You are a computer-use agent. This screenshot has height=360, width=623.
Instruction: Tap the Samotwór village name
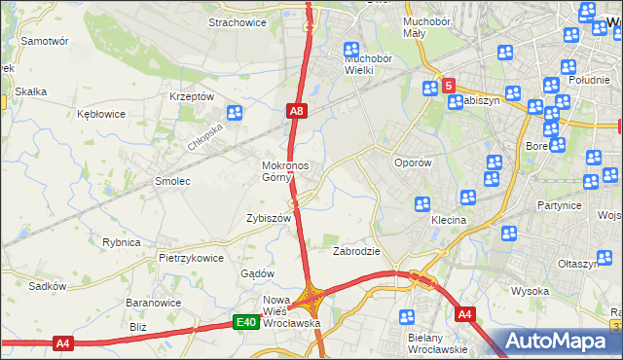tap(45, 42)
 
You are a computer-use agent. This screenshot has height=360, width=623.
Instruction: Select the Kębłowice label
tap(101, 114)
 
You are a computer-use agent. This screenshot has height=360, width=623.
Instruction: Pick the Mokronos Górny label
tap(285, 171)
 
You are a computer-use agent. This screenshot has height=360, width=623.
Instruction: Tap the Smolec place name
tap(172, 181)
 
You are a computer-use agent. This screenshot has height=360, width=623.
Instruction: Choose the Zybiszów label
tap(270, 219)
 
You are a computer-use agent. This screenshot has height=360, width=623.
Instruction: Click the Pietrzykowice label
tap(192, 259)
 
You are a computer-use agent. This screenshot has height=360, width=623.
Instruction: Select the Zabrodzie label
tap(356, 251)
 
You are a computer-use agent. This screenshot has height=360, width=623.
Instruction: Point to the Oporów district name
tap(412, 162)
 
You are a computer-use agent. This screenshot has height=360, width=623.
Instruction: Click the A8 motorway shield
tap(297, 113)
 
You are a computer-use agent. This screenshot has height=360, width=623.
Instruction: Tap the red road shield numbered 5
tap(448, 86)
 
